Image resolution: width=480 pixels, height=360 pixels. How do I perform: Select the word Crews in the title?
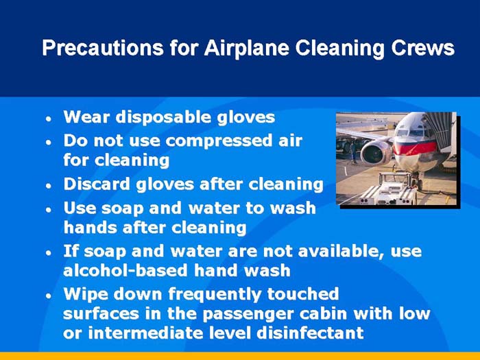pyautogui.click(x=423, y=49)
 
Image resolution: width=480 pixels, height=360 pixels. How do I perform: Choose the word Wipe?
pyautogui.click(x=84, y=294)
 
